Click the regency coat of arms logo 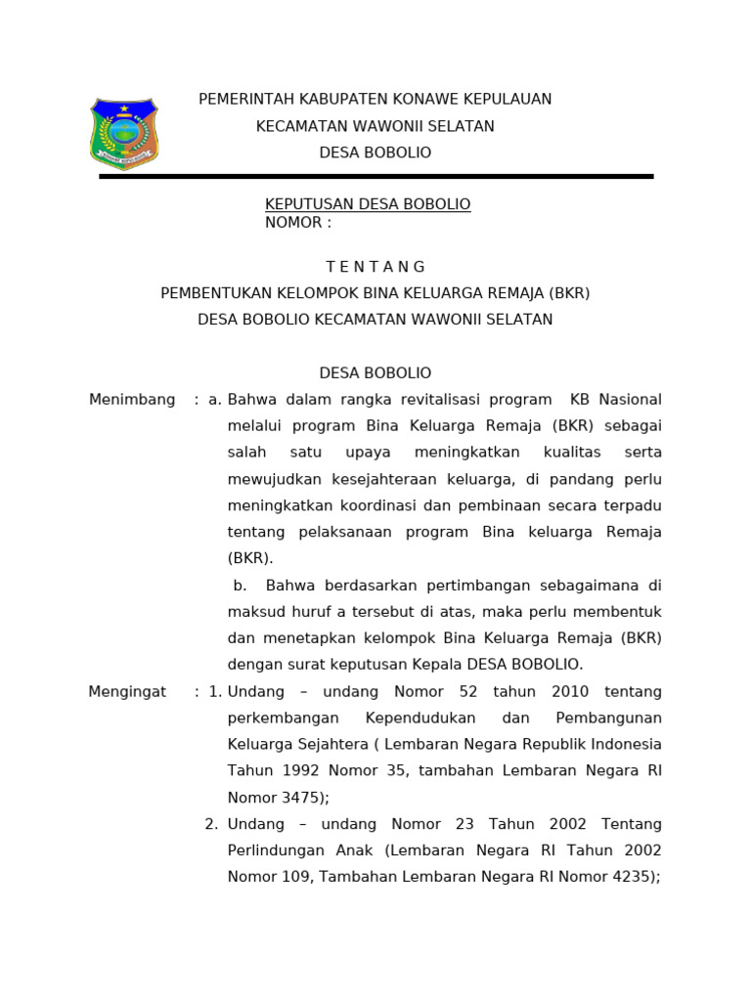[x=124, y=134]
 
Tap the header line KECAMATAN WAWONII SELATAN [x=375, y=126]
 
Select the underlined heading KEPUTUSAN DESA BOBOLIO [x=368, y=204]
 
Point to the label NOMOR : [x=298, y=223]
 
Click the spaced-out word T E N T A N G [x=375, y=267]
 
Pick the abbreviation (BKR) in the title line [x=569, y=293]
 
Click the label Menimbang [x=132, y=400]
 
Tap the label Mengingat [x=127, y=692]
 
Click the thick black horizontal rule [x=375, y=176]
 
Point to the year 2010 [x=569, y=692]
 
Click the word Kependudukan [x=448, y=718]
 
